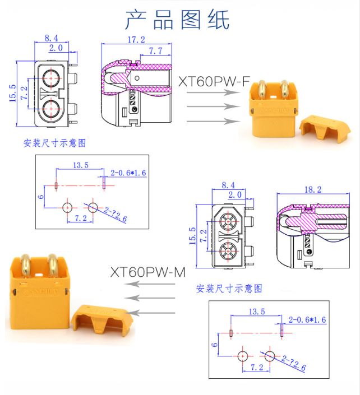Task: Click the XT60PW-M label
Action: (x=147, y=272)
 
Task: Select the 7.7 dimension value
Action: (x=155, y=52)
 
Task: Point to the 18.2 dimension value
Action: (x=312, y=190)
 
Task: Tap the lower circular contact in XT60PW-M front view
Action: (x=229, y=252)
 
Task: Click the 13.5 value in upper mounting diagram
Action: (x=81, y=165)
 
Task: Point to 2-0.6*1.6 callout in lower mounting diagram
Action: (x=307, y=319)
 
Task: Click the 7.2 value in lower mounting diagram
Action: (x=256, y=368)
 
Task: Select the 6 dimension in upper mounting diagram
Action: (x=40, y=197)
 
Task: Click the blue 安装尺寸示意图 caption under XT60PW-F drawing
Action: (x=54, y=143)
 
